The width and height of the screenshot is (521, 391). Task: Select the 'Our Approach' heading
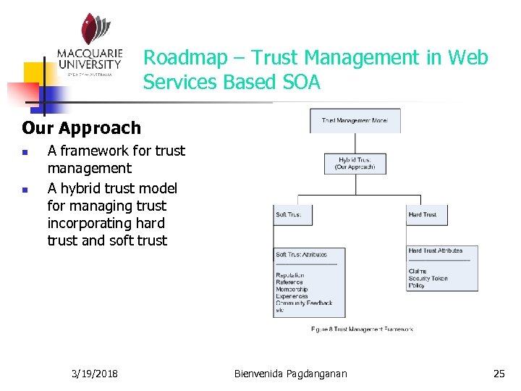[82, 128]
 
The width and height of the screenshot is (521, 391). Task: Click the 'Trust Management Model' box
[355, 120]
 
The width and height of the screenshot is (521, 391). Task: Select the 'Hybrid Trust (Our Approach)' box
[355, 163]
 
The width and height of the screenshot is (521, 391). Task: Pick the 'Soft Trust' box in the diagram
[292, 214]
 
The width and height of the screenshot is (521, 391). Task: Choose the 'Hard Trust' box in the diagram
[425, 214]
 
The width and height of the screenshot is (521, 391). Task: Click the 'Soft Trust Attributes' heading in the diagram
[301, 255]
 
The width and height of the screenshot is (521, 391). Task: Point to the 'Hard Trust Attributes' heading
[436, 251]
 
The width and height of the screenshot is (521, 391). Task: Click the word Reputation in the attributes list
[290, 275]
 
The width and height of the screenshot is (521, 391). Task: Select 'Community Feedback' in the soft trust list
[304, 303]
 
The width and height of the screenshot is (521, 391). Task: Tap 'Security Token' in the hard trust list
[428, 278]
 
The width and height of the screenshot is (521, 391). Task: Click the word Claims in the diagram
[418, 271]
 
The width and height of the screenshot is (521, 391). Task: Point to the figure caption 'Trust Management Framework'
[362, 329]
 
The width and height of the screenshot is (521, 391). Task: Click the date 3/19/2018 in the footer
[96, 374]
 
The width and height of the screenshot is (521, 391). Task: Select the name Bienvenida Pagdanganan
[291, 374]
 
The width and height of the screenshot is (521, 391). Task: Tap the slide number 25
[499, 374]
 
